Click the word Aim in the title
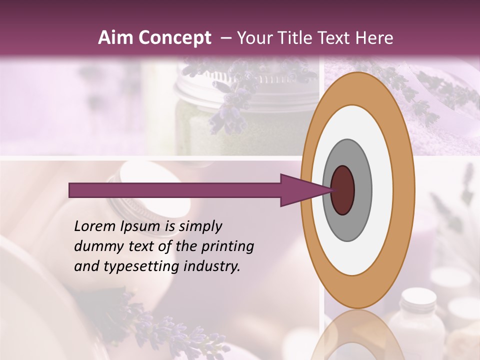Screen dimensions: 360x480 coord(115,38)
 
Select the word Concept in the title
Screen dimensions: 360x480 coord(174,38)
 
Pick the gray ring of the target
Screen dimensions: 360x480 coord(362,190)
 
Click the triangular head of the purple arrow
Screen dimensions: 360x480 coord(300,190)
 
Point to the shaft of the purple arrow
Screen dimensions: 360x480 coord(175,190)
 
